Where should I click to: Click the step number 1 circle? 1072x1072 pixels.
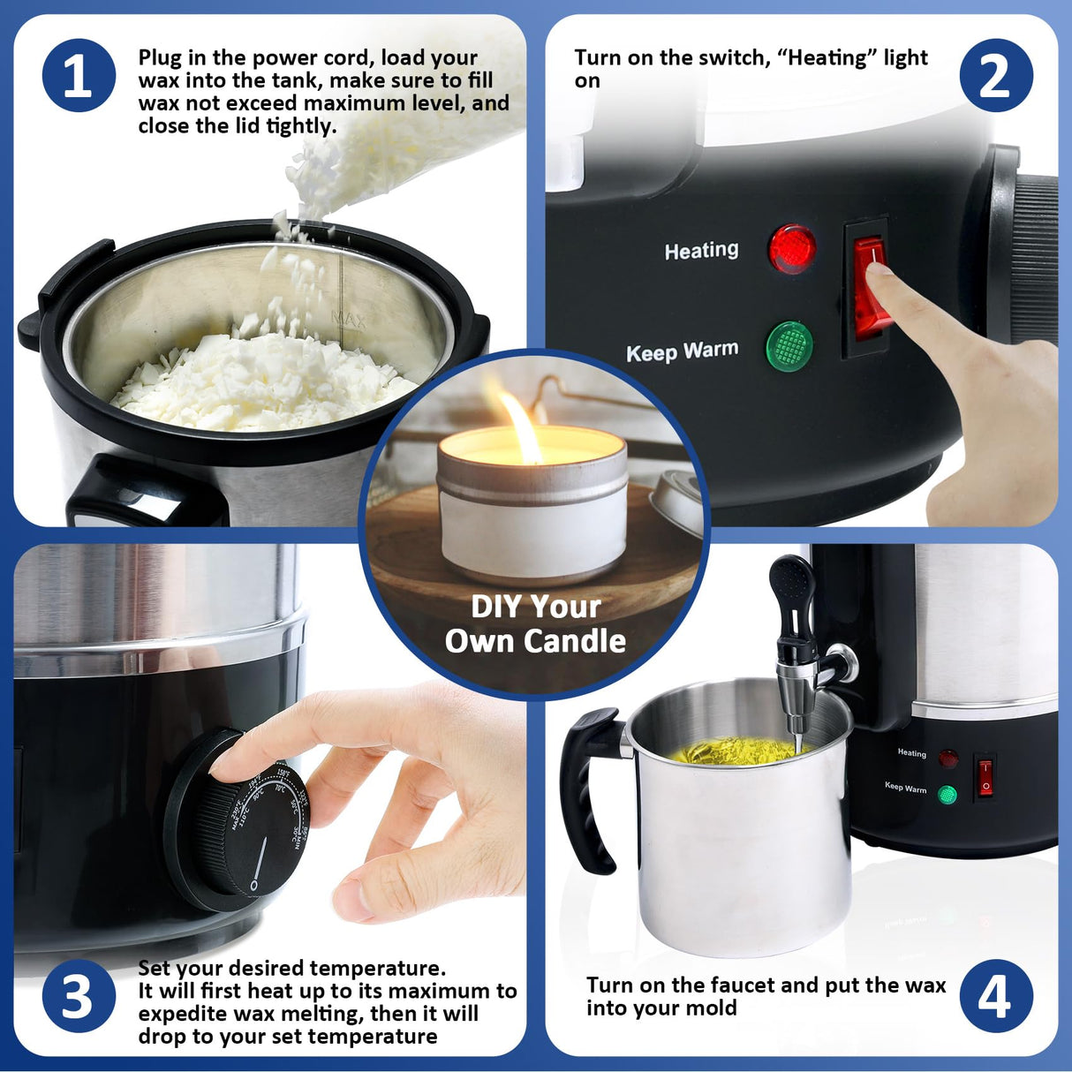79,75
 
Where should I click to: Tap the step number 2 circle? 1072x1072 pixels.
996,75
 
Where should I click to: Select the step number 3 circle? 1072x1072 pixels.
79,996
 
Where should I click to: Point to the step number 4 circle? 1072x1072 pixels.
996,996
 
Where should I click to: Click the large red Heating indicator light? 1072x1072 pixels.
791,249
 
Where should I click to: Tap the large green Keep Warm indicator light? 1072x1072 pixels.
789,346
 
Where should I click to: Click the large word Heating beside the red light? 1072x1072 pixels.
701,251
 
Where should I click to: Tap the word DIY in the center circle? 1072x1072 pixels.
498,608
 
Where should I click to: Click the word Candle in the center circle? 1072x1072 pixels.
578,642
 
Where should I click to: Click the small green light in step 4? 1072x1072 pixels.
947,795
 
